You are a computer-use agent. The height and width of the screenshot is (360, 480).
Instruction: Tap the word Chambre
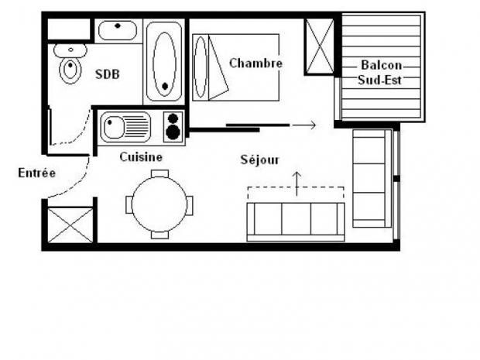pos(255,63)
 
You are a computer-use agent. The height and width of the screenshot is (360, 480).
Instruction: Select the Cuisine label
pos(141,157)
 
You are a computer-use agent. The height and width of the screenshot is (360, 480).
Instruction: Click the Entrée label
pos(36,173)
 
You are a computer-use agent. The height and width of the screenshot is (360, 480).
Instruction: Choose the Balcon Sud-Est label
pos(380,72)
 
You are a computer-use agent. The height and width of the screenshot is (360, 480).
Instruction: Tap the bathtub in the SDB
pos(164,62)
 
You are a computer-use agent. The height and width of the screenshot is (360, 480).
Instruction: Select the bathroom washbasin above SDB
pos(117,31)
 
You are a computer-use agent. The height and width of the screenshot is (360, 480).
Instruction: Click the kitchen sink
pos(125,127)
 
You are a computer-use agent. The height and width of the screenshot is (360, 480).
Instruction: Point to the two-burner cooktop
pos(173,127)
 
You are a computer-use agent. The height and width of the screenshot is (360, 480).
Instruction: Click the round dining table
pos(159,204)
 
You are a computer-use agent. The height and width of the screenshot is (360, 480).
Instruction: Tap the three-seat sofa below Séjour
pos(295,220)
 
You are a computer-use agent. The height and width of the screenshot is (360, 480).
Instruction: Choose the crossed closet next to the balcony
pos(319,46)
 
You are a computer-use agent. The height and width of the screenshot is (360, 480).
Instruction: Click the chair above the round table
pos(159,174)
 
